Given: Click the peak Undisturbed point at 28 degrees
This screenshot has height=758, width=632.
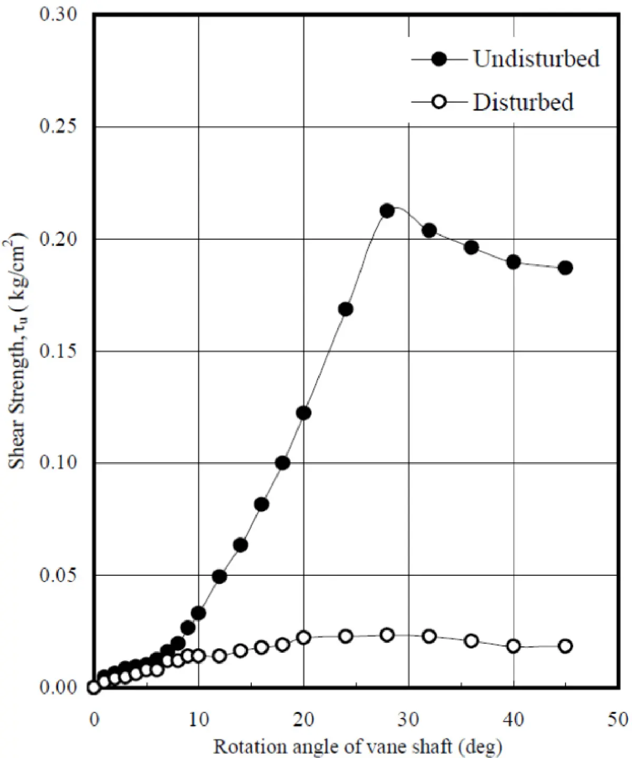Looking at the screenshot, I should point(387,211).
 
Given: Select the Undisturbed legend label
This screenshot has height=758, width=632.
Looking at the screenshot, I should point(536,58).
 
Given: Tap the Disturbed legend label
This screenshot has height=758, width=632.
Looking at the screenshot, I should point(523,102).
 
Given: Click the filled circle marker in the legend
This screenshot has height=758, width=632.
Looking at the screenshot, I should point(439,59).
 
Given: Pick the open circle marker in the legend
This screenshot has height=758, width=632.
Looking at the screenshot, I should point(439,102).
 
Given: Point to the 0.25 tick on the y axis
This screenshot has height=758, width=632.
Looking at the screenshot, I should point(58,126).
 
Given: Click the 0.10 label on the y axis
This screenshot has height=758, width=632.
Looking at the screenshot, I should point(58,463).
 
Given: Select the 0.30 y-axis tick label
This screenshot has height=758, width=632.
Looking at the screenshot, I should point(58,14).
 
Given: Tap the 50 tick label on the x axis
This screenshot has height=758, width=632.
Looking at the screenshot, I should point(617,719).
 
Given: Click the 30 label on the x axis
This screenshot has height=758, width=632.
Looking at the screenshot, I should point(408,719).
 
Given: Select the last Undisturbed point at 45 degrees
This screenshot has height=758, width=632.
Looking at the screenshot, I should point(565,267).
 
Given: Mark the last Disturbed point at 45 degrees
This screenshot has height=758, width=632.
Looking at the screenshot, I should point(565,646).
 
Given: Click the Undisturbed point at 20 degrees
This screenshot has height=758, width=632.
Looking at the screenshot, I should point(303,413).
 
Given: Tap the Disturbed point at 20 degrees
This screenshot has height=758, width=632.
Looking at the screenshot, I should point(303,637).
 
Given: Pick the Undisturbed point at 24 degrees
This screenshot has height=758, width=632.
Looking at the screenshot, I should point(345,310).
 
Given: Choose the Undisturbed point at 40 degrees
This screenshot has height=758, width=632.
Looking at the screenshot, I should point(513,262).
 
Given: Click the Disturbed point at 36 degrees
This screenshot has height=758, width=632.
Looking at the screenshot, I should point(471,641).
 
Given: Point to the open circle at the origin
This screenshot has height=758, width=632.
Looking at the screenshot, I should point(94,687).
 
